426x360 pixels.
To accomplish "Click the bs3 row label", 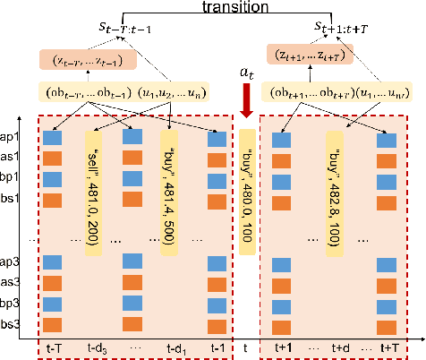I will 13,322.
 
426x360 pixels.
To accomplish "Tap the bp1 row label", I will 13,178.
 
